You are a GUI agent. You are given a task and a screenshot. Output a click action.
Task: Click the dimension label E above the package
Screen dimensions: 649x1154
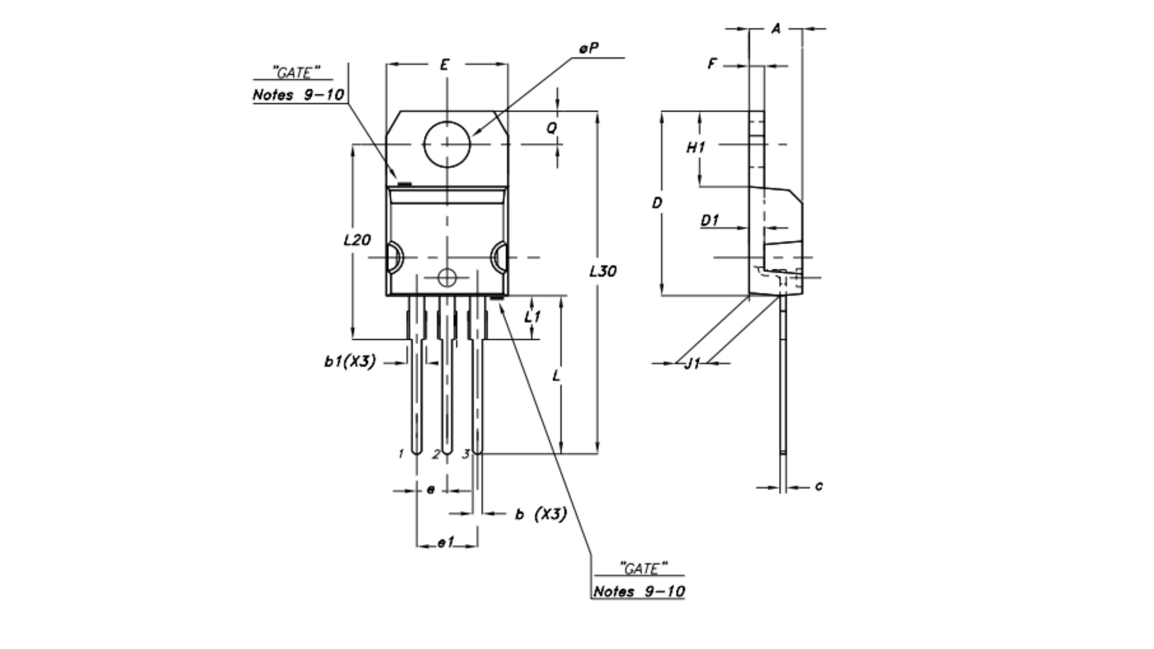tap(444, 65)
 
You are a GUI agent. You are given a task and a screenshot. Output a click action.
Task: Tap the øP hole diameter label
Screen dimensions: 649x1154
tap(589, 48)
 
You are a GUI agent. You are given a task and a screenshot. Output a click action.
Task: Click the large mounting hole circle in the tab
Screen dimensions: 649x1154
tap(447, 144)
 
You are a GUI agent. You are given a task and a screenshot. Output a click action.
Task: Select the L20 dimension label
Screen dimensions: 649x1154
tap(357, 240)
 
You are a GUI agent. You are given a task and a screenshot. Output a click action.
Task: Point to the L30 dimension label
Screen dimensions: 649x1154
tap(603, 271)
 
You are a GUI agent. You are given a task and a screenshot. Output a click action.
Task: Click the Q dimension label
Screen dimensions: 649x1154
tap(552, 128)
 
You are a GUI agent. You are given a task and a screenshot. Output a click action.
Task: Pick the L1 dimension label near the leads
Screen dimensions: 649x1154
tap(532, 317)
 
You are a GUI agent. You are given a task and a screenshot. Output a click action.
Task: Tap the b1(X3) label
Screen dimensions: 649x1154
tap(350, 361)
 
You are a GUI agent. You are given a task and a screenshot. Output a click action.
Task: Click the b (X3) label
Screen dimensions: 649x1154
tap(541, 514)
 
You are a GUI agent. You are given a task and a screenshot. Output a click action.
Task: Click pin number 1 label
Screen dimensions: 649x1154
tap(401, 454)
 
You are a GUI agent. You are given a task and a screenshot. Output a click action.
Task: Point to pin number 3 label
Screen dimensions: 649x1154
tap(466, 454)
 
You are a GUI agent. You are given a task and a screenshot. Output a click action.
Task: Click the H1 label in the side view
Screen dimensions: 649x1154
tap(696, 147)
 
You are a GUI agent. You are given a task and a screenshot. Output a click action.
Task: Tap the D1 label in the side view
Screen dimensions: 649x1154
tap(710, 221)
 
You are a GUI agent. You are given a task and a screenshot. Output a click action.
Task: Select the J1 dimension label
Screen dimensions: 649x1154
tap(692, 363)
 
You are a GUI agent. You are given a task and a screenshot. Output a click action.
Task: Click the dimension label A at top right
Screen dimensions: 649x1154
tap(776, 29)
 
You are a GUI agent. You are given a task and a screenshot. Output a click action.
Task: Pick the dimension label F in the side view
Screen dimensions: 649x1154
tap(712, 64)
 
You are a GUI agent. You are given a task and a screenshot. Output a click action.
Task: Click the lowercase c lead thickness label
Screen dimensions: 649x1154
tap(819, 486)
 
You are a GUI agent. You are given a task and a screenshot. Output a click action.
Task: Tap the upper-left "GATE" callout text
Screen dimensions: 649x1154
tap(296, 73)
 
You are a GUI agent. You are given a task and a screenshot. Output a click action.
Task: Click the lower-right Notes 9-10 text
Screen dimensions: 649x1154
tap(639, 591)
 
